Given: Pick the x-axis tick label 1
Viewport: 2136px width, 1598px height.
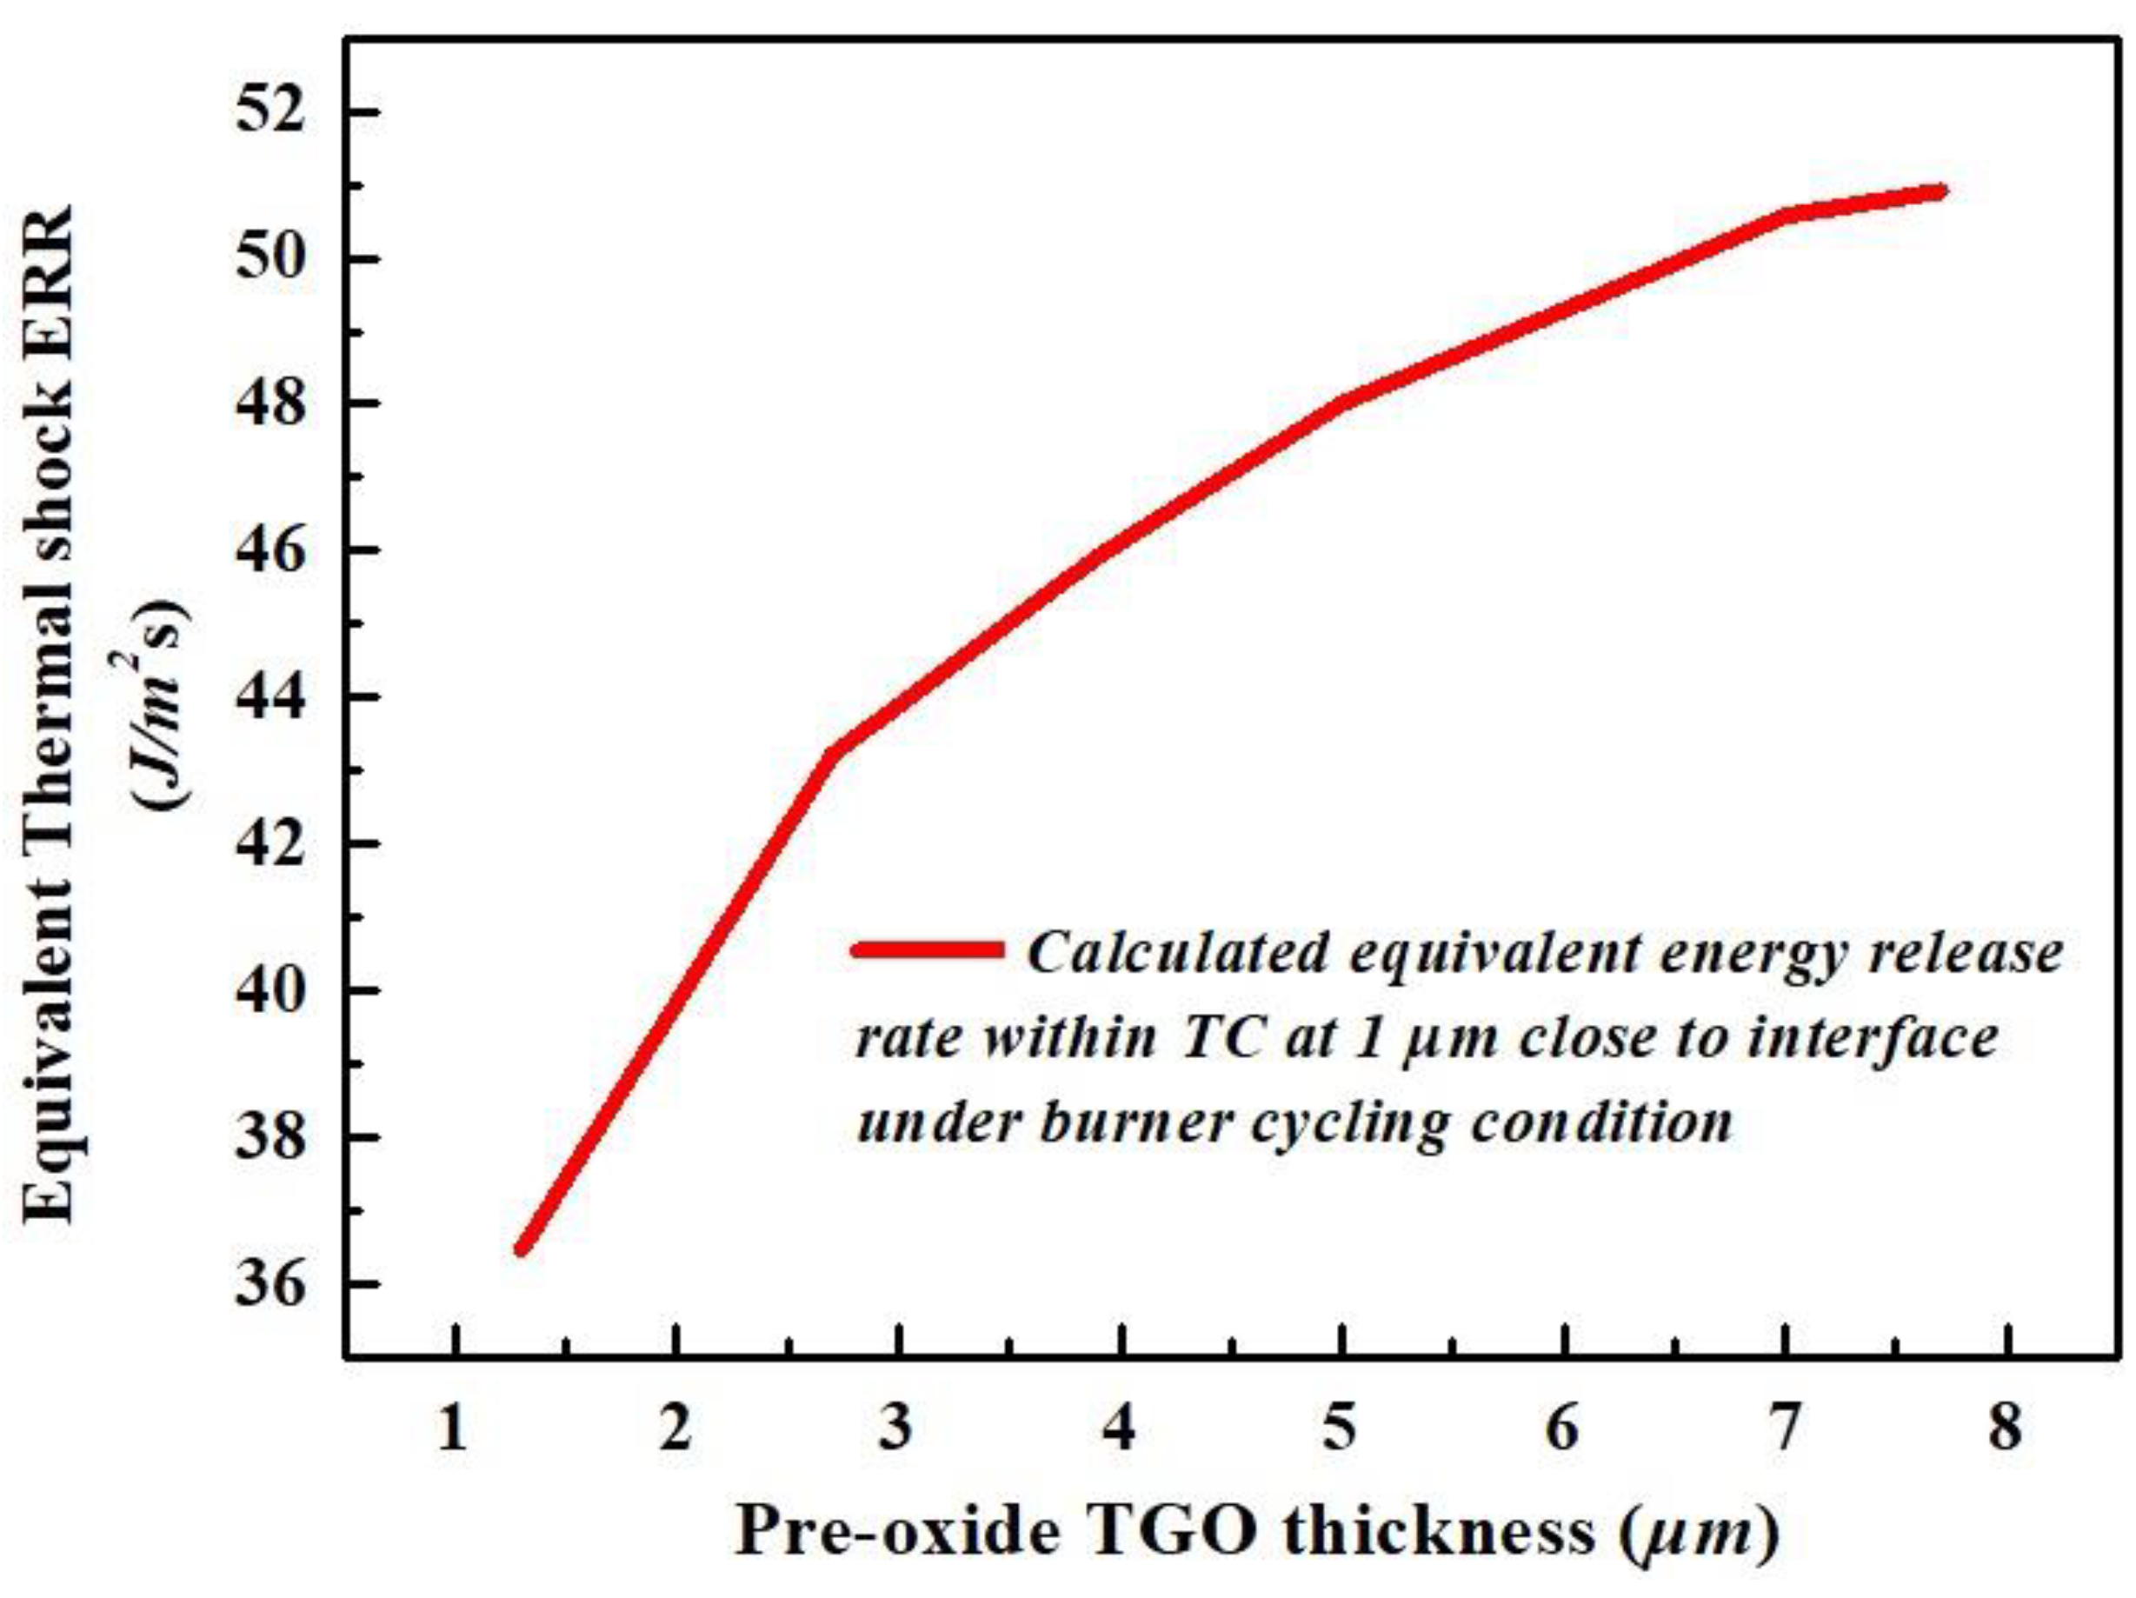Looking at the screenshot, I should pyautogui.click(x=452, y=1426).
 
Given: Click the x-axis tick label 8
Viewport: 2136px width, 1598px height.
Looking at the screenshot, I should pyautogui.click(x=2005, y=1426).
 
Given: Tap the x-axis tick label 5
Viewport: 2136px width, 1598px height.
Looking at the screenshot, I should pyautogui.click(x=1341, y=1426).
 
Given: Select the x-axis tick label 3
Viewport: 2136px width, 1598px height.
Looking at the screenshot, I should pyautogui.click(x=897, y=1426).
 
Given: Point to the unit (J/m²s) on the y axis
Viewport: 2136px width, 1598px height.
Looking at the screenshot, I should pyautogui.click(x=159, y=705).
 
